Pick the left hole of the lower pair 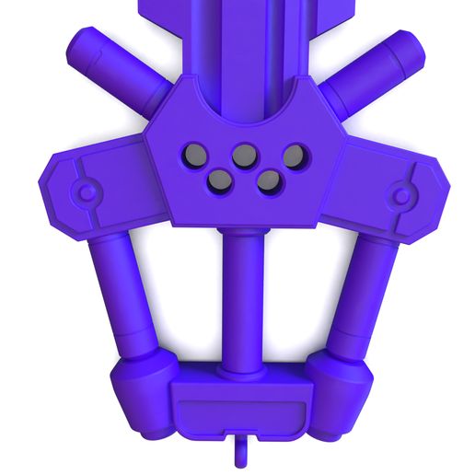[220, 181]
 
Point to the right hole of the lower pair [269, 181]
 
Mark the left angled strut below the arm [124, 295]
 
